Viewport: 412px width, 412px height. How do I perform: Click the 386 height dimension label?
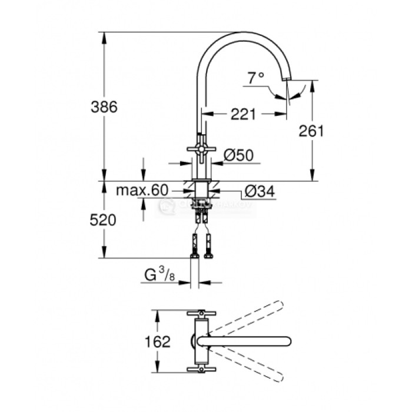click(105, 107)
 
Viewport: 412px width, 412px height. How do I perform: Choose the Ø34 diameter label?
click(258, 191)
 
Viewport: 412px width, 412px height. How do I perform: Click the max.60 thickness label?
click(142, 190)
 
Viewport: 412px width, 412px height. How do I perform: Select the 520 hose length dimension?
click(104, 220)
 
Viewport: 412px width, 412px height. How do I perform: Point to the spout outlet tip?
click(287, 78)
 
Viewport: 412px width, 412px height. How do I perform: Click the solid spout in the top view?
click(247, 341)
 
